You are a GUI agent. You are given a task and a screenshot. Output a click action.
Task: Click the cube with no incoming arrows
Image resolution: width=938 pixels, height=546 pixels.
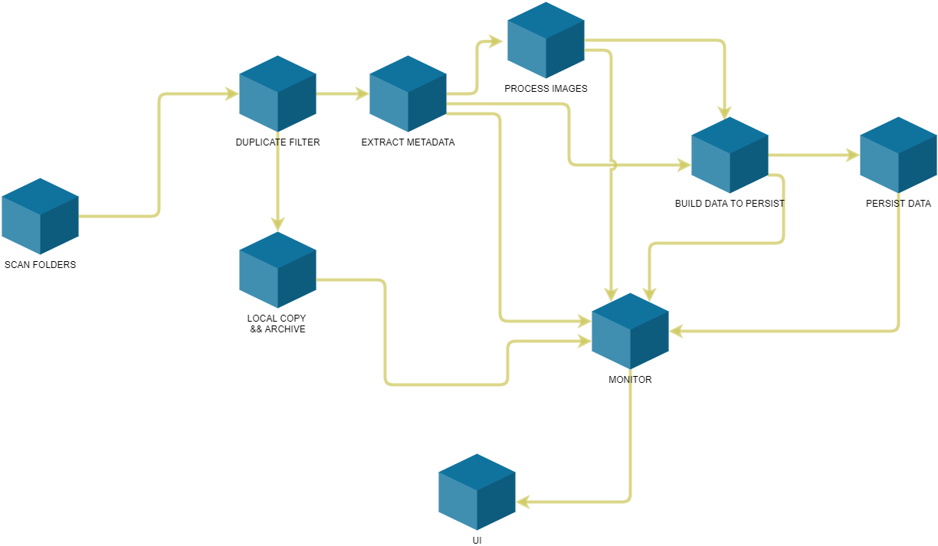click(x=40, y=216)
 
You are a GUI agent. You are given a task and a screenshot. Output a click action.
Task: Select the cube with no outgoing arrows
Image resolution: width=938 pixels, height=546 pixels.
click(x=477, y=492)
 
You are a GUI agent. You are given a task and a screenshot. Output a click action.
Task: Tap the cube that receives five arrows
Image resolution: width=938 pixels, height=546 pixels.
click(x=630, y=331)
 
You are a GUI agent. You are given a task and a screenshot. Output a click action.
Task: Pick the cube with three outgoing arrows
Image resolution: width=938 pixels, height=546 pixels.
click(x=408, y=93)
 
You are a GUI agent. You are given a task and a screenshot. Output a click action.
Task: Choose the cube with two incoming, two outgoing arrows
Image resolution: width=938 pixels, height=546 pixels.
click(x=730, y=155)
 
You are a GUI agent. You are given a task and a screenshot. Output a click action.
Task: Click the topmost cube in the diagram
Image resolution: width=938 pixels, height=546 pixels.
click(x=546, y=40)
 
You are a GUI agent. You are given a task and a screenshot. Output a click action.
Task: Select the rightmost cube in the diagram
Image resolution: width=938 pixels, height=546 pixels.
click(x=898, y=155)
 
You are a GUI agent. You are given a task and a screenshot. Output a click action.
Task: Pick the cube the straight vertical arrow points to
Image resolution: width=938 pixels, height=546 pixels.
click(x=277, y=270)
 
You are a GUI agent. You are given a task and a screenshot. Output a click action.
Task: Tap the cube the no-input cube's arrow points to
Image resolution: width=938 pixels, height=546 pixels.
click(x=277, y=93)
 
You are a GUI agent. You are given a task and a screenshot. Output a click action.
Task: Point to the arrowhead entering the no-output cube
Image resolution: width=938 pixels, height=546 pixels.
click(x=523, y=502)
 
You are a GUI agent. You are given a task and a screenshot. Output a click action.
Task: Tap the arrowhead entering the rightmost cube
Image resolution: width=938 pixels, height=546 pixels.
click(x=853, y=155)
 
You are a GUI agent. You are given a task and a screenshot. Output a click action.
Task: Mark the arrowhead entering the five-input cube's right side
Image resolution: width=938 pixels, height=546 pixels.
click(x=676, y=332)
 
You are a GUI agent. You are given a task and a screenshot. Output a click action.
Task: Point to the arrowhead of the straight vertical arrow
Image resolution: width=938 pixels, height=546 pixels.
click(x=277, y=225)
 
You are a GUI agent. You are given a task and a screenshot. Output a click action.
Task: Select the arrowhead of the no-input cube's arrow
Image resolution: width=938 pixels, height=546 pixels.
click(x=232, y=94)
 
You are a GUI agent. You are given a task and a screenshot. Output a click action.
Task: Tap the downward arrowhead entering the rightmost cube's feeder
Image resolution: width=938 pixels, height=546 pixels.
click(x=724, y=114)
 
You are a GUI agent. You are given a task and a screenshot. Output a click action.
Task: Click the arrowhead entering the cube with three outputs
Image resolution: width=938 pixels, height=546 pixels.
click(x=362, y=94)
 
